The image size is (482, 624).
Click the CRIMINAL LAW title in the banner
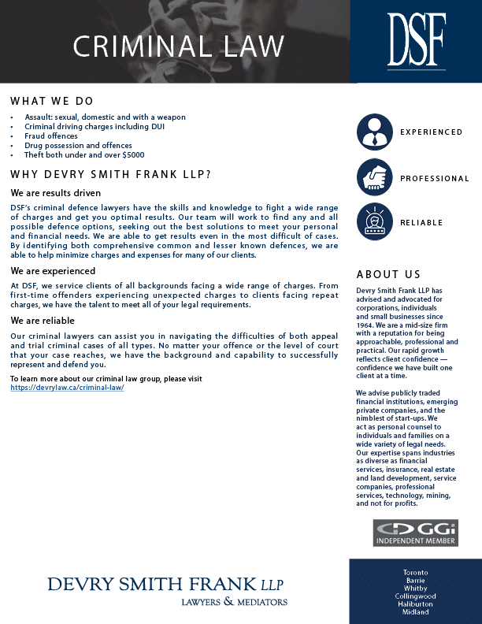pyautogui.click(x=178, y=46)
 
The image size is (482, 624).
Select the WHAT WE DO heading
pyautogui.click(x=52, y=102)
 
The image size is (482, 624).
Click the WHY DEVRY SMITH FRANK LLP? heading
pyautogui.click(x=110, y=174)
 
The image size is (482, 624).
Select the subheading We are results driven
pyautogui.click(x=56, y=192)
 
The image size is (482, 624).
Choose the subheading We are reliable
pyautogui.click(x=43, y=321)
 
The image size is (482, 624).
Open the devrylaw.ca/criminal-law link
pyautogui.click(x=67, y=388)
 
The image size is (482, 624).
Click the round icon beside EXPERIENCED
pyautogui.click(x=375, y=132)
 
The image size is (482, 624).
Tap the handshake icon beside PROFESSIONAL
pyautogui.click(x=375, y=177)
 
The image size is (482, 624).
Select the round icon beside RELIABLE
pyautogui.click(x=375, y=222)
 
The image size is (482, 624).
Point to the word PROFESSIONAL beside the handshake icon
pyautogui.click(x=434, y=179)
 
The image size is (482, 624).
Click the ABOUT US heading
pyautogui.click(x=388, y=275)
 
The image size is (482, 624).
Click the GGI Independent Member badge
pyautogui.click(x=415, y=533)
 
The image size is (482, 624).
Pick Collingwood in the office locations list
pyautogui.click(x=415, y=596)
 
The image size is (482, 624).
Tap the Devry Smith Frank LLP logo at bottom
pyautogui.click(x=167, y=589)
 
